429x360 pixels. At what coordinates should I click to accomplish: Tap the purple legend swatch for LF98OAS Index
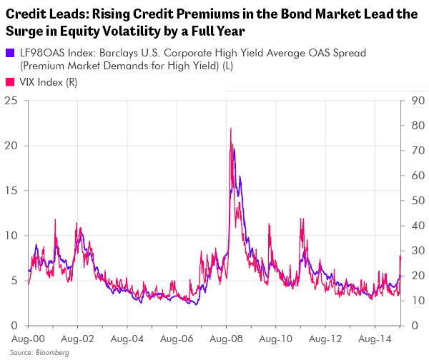point(8,53)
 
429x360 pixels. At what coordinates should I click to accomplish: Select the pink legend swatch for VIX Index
point(8,83)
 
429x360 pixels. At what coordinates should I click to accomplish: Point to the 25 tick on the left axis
point(11,101)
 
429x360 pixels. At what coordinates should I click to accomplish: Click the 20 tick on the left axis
point(11,146)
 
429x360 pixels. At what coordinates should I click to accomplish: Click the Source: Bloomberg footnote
point(30,353)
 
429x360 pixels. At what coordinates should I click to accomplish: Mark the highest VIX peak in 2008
point(230,129)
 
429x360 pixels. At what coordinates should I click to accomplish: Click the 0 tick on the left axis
point(15,326)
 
